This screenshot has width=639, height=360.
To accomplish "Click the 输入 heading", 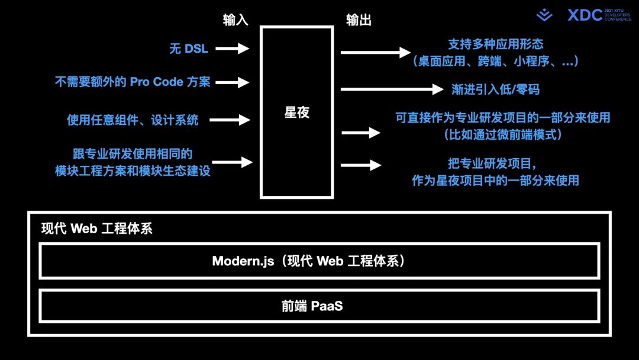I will coord(235,20).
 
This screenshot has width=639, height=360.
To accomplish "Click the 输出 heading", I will coord(359,20).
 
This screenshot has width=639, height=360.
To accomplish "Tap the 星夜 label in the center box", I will coord(297,112).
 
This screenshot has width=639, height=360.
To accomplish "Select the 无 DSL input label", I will coord(189,49).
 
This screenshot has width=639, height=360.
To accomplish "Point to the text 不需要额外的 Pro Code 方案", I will coord(133,82).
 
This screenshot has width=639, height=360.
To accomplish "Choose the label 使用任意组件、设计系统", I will coord(133,120).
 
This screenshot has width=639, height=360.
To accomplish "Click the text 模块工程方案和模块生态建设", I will coord(133,171).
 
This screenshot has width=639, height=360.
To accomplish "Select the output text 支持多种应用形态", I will coord(495,44).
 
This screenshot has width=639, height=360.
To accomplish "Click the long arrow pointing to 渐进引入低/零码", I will coord(392,89).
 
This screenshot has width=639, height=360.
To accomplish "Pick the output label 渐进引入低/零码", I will coord(495,89).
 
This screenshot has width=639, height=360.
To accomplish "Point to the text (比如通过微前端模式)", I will coord(502,135).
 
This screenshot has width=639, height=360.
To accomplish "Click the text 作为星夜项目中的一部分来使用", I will coord(495,181).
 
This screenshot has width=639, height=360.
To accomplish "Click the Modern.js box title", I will coord(308,261).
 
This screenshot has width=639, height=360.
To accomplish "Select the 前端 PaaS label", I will coord(312,306).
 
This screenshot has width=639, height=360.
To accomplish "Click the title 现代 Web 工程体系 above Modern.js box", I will coord(97,229).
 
